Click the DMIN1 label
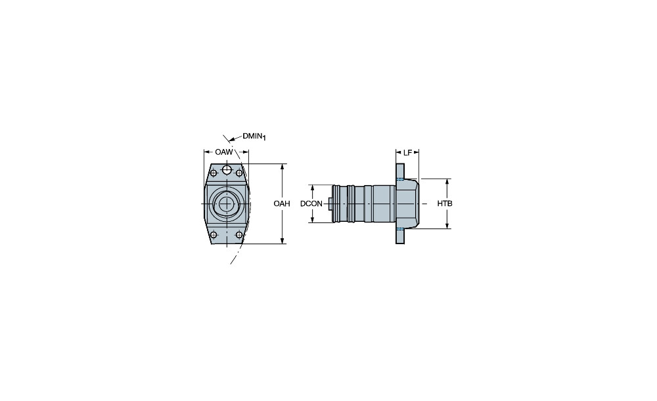point(254,137)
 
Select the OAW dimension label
point(224,152)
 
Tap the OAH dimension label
point(282,204)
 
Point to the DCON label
point(311,204)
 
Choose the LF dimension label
point(407,153)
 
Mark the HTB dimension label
point(445,204)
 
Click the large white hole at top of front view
point(227,169)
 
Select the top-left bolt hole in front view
point(214,173)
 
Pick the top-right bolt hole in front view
point(239,173)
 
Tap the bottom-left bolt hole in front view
point(214,234)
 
